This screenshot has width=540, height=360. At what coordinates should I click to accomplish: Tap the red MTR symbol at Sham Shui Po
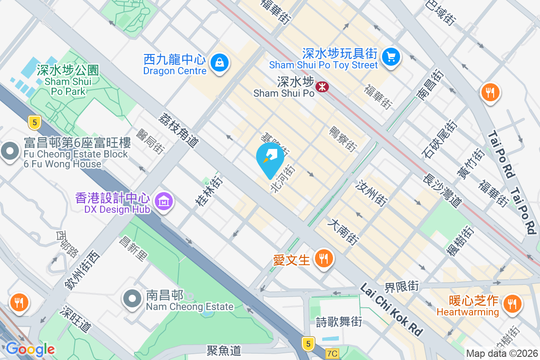click(322, 86)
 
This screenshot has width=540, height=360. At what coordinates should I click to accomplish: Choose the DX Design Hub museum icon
click(164, 202)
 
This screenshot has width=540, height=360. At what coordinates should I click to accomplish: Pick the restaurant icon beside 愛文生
click(323, 259)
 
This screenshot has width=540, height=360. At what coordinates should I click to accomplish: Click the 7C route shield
click(332, 354)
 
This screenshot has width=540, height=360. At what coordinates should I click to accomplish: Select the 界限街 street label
click(401, 286)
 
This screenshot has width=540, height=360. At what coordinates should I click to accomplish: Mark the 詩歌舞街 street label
click(339, 322)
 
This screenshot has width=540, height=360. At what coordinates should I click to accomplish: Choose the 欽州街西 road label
click(81, 269)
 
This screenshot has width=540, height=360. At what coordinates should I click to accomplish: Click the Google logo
click(30, 349)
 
